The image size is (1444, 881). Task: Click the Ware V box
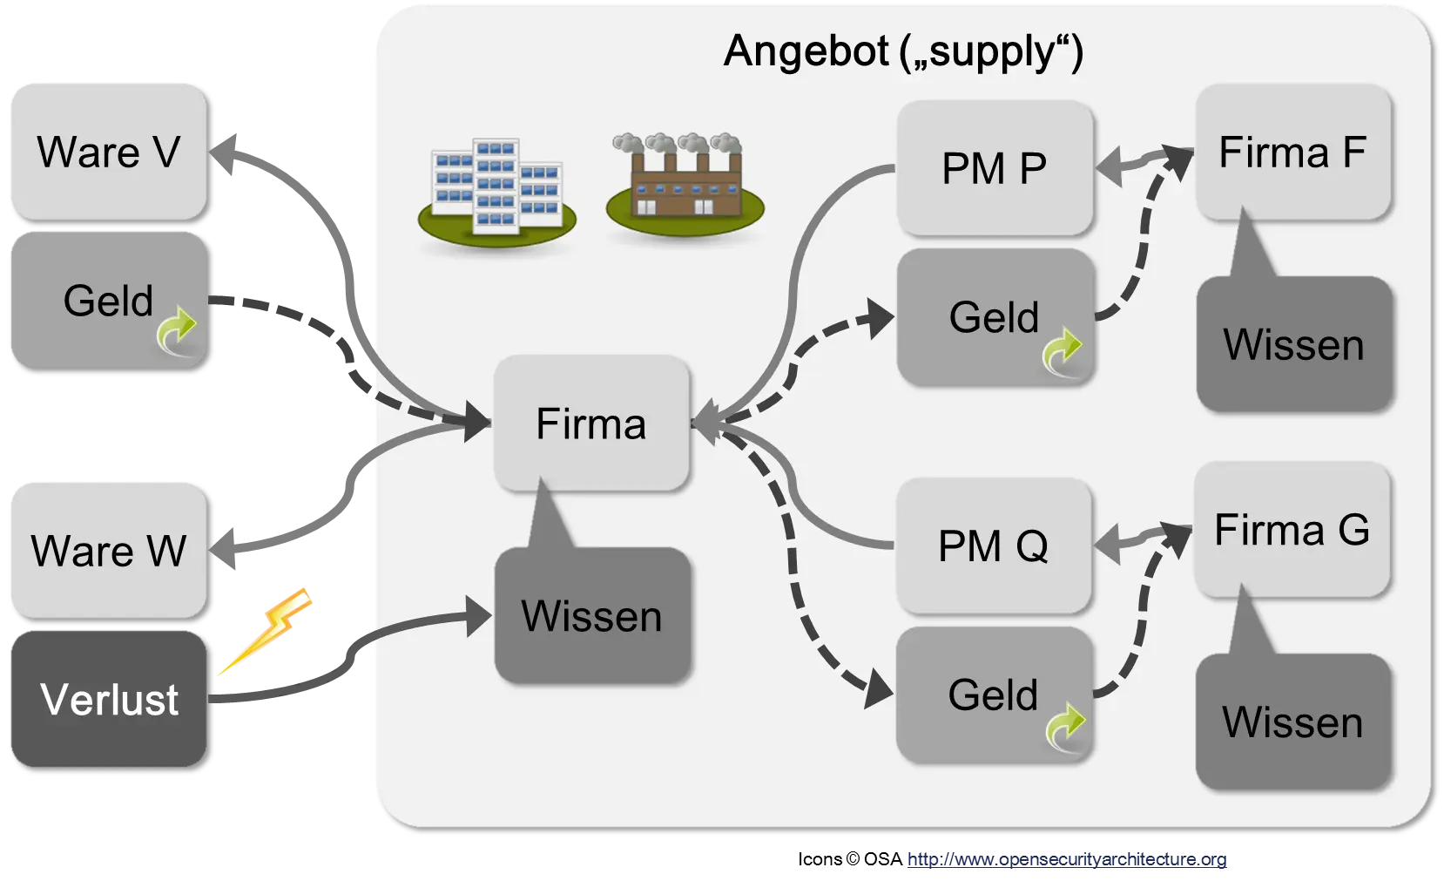coord(108,152)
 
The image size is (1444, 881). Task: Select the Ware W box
coord(108,550)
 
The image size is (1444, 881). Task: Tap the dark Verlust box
coord(108,699)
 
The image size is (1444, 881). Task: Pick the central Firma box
coord(591,424)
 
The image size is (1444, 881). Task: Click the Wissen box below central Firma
coord(592,616)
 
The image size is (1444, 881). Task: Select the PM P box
coord(995,167)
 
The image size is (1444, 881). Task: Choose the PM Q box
coord(994,546)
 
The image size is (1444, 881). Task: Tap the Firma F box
coord(1292,152)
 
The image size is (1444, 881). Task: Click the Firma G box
coord(1292,530)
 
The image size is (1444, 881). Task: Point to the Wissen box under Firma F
coord(1294,345)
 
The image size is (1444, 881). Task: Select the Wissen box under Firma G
coord(1293,722)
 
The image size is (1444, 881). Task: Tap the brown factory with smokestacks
coord(685,186)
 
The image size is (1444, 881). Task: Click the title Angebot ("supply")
coord(903,51)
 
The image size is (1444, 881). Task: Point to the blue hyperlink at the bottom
coord(1067,860)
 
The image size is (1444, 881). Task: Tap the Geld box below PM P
coord(995,317)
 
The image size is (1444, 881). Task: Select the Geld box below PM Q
coord(994,695)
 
